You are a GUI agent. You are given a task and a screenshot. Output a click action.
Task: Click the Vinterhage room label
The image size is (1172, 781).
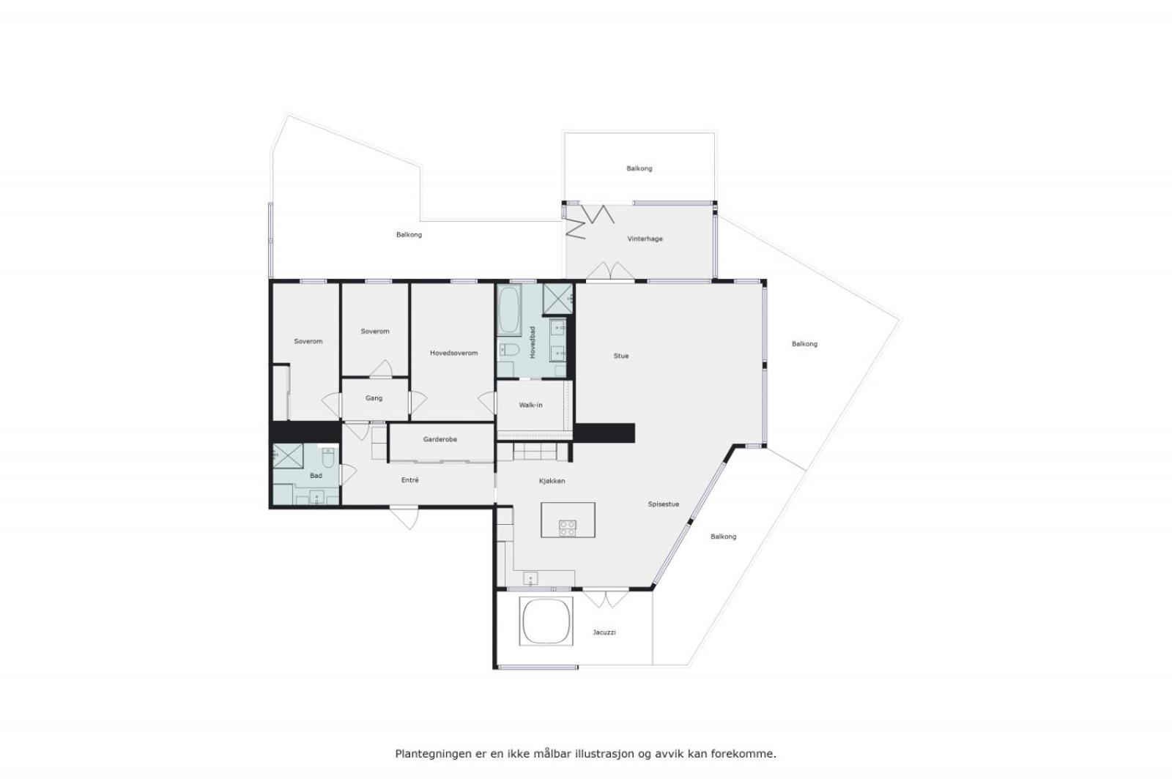pyautogui.click(x=645, y=239)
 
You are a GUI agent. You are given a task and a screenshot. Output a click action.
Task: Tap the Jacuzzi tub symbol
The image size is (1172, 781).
pyautogui.click(x=546, y=621)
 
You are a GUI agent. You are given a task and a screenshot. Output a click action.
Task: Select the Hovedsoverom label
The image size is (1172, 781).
pyautogui.click(x=453, y=353)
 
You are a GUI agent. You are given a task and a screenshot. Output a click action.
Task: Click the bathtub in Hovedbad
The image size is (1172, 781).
pyautogui.click(x=508, y=310)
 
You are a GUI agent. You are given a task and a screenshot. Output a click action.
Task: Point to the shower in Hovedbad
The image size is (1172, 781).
pyautogui.click(x=557, y=299)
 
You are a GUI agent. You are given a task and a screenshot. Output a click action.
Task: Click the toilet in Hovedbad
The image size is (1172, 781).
pyautogui.click(x=508, y=350)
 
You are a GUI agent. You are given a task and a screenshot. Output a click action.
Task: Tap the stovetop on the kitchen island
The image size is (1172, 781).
pyautogui.click(x=567, y=528)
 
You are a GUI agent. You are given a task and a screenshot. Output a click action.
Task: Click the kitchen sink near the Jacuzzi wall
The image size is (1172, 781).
pyautogui.click(x=530, y=579)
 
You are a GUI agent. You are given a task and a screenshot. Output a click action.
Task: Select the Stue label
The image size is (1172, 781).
pyautogui.click(x=621, y=356)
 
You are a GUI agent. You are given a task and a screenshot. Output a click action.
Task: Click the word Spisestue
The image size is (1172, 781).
pyautogui.click(x=664, y=504)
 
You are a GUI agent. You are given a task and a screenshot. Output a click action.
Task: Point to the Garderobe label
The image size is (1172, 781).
pyautogui.click(x=440, y=440)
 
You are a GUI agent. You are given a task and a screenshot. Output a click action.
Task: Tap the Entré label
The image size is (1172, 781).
pyautogui.click(x=409, y=480)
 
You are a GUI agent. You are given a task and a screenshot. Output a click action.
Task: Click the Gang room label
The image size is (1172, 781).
pyautogui.click(x=374, y=398)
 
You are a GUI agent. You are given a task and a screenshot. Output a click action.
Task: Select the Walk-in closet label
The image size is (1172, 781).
pyautogui.click(x=530, y=405)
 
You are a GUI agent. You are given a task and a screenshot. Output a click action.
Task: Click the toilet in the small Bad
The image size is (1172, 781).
pyautogui.click(x=328, y=458)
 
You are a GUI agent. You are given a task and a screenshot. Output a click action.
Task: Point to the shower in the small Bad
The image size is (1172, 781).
pyautogui.click(x=288, y=456)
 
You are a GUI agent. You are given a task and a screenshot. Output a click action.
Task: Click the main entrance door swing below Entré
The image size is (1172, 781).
pyautogui.click(x=404, y=517)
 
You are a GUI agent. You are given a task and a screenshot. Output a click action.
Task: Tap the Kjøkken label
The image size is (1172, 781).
pyautogui.click(x=552, y=481)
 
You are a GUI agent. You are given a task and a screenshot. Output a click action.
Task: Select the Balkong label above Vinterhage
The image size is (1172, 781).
pyautogui.click(x=639, y=169)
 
